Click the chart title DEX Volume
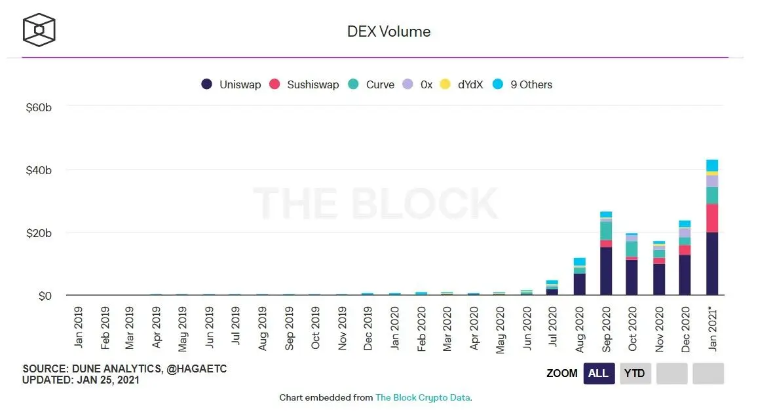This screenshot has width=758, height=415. click(388, 31)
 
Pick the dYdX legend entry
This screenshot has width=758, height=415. click(461, 84)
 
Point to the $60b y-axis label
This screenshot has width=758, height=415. click(38, 107)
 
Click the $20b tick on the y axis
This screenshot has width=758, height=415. click(38, 233)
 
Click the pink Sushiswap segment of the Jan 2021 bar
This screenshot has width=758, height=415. click(711, 218)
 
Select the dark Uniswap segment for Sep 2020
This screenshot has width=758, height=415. click(606, 271)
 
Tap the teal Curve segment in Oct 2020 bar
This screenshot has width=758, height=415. click(632, 249)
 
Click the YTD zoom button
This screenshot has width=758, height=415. click(634, 374)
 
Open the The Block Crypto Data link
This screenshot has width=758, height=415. click(423, 397)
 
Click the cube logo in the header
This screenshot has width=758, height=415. click(39, 30)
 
